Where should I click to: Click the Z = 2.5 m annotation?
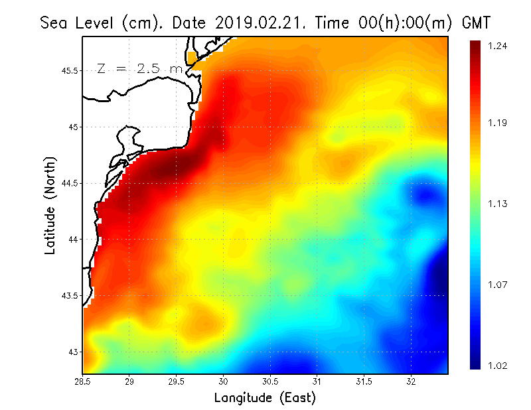pos(139,68)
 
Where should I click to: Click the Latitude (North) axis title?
pos(50,205)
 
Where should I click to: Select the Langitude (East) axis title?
pos(265,397)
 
